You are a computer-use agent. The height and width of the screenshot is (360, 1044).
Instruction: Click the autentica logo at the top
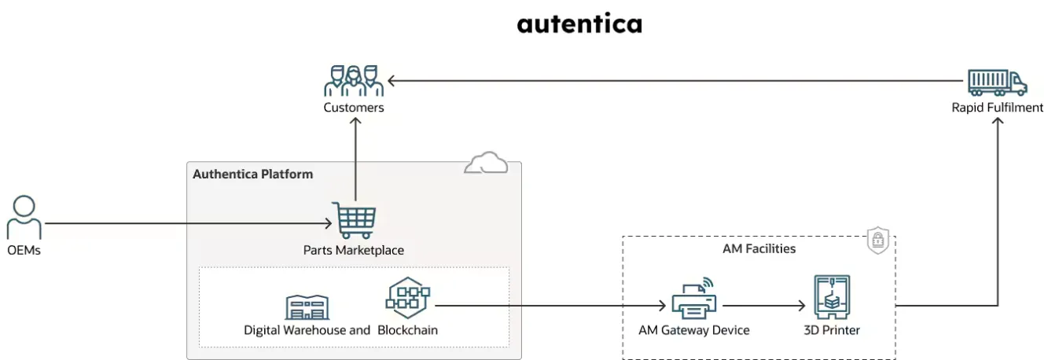click(x=579, y=24)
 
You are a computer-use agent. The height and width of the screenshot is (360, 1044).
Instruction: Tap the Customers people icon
click(x=354, y=80)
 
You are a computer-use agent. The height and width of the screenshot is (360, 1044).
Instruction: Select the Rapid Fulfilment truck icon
click(x=997, y=81)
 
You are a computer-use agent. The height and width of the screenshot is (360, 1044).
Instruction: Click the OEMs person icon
click(x=24, y=218)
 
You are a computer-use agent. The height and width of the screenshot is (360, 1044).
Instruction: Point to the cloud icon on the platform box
click(x=485, y=163)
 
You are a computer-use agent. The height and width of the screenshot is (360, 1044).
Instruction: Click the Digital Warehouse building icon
click(x=307, y=307)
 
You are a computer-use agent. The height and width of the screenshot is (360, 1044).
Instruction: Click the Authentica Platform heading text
click(x=252, y=174)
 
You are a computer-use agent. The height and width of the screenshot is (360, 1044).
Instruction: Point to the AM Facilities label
click(x=759, y=248)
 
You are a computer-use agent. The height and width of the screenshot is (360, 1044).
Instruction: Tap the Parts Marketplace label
click(x=353, y=250)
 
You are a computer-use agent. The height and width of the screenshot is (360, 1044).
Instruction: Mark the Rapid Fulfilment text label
click(x=997, y=108)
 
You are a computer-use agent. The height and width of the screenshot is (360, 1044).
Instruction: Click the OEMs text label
click(x=24, y=250)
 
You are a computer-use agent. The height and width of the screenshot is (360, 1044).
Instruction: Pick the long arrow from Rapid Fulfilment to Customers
click(x=676, y=80)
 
